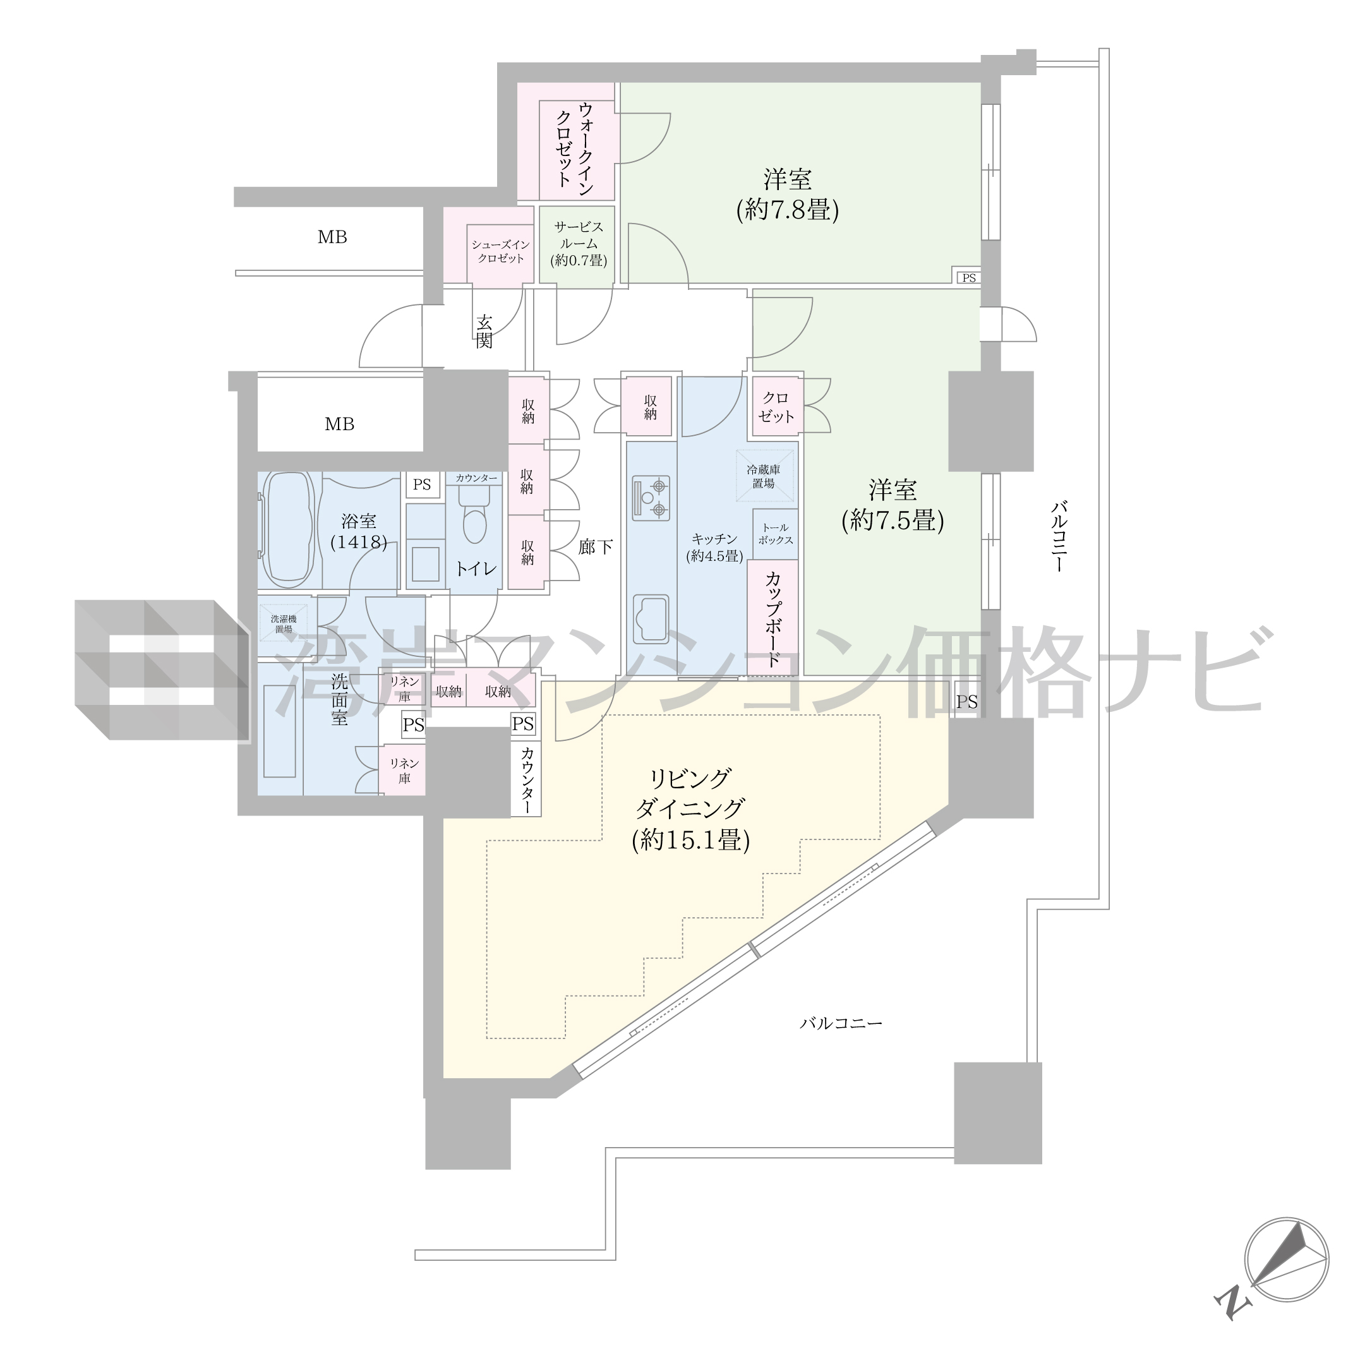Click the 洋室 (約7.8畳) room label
click(788, 195)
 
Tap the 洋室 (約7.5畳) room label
click(893, 505)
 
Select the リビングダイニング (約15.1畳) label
click(690, 810)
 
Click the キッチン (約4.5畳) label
click(714, 547)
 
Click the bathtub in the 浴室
click(289, 529)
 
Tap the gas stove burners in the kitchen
click(651, 497)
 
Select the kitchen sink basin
click(651, 619)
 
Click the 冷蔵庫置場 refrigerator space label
click(763, 476)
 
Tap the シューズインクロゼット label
click(501, 251)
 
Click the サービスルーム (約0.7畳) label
click(579, 244)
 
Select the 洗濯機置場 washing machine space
click(284, 624)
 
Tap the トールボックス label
click(775, 534)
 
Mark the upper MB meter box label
click(332, 238)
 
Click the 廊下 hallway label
click(596, 546)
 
